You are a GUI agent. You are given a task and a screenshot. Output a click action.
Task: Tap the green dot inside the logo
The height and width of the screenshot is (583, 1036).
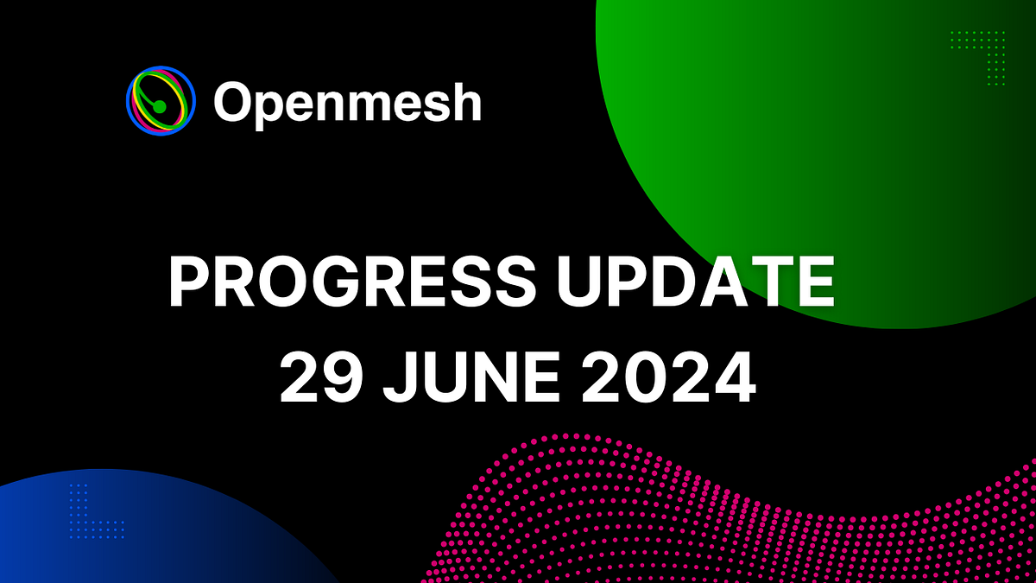point(159,106)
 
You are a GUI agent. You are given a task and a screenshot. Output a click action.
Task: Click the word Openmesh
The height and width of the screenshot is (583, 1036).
point(347,102)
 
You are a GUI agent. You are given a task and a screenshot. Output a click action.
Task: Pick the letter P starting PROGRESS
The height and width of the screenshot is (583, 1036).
point(188,284)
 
